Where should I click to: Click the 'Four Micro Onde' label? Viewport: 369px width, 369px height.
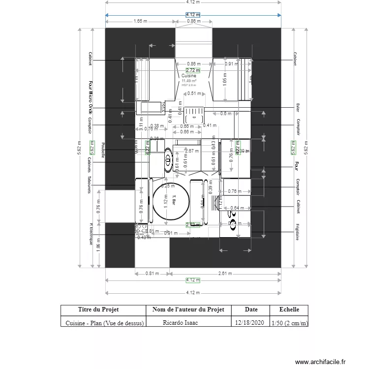[91, 98]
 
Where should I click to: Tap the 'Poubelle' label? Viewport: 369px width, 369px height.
[103, 150]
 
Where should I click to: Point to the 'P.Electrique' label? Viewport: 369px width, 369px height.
[91, 234]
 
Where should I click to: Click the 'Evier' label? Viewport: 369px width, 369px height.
[298, 107]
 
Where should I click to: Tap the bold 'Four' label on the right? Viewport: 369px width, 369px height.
[297, 165]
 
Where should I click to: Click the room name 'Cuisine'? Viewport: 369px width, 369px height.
[189, 76]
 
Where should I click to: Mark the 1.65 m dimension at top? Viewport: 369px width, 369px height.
[140, 21]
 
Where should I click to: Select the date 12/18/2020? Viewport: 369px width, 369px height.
[250, 323]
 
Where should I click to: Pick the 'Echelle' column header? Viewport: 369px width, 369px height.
[289, 309]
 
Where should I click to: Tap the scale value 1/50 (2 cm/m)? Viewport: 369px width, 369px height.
[290, 323]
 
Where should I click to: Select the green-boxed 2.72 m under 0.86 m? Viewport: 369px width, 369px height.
[193, 70]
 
